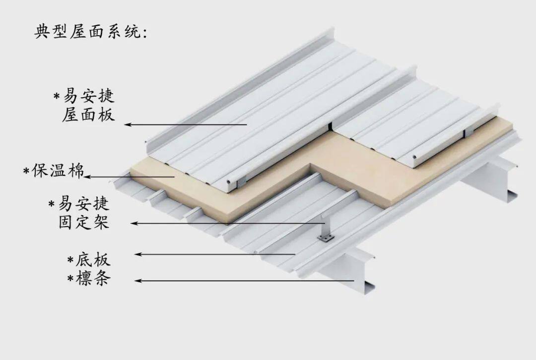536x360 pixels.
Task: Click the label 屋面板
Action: (x=88, y=115)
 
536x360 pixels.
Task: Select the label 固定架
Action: (x=83, y=222)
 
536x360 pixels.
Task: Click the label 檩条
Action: (x=93, y=279)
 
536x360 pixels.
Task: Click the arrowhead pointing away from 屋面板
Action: (x=128, y=124)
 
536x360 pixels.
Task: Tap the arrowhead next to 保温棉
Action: (x=87, y=177)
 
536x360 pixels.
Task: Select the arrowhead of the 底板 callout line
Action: (x=138, y=254)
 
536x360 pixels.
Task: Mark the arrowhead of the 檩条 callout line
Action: (x=138, y=281)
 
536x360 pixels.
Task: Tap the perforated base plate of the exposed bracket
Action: (x=326, y=240)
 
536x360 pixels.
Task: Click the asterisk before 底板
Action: (x=70, y=259)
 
